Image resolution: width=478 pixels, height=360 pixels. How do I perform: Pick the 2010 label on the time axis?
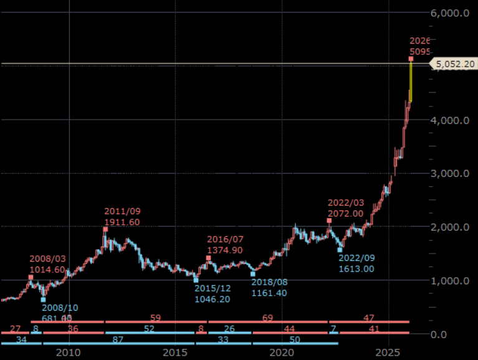coord(69,353)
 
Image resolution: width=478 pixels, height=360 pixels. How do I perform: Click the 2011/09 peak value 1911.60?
coord(122,222)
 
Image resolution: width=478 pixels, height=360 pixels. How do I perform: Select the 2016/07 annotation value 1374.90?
coord(226,250)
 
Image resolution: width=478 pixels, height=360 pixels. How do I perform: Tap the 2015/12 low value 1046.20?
coord(212,299)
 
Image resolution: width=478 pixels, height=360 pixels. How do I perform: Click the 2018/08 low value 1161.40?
coord(269,293)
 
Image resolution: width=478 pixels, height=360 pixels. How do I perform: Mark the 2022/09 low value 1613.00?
coord(356,268)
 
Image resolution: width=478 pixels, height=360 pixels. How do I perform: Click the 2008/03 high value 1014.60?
coord(47,270)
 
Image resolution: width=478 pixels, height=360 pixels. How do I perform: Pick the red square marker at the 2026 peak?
coord(411,59)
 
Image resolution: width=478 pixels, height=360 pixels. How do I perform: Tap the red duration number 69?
coord(267,318)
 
